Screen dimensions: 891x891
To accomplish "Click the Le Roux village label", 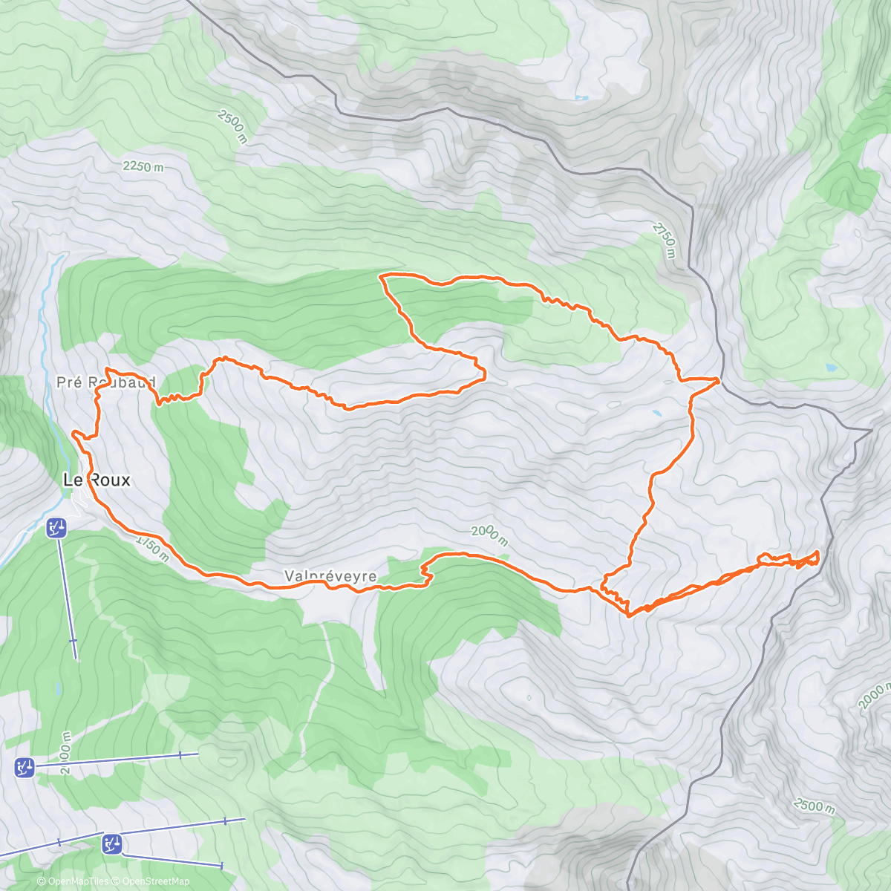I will click(97, 480).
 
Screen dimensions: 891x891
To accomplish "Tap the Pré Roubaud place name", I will click(105, 383).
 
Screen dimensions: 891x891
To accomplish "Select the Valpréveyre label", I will click(330, 577).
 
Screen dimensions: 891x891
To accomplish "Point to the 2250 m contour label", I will click(143, 167).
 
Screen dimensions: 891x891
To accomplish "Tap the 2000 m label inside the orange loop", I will click(489, 535).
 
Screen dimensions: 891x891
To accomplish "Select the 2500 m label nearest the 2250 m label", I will click(232, 126).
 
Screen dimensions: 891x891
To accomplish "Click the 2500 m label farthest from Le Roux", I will click(814, 806).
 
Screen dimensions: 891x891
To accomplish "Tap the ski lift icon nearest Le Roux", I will click(56, 529).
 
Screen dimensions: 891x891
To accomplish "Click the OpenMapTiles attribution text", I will click(72, 881).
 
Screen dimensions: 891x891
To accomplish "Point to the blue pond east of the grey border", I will click(830, 368).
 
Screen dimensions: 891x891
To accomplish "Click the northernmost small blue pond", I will click(581, 98).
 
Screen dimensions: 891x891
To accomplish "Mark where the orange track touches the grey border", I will click(718, 380).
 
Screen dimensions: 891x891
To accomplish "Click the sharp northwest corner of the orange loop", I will click(381, 276).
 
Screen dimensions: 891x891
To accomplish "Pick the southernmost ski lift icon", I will click(112, 844).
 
